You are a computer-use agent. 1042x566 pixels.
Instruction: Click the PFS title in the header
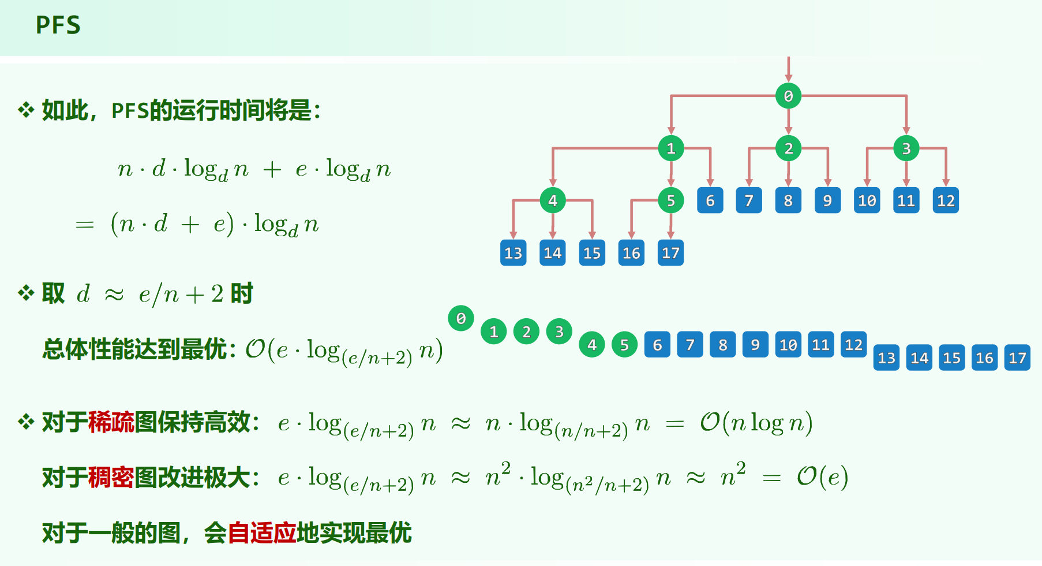[58, 25]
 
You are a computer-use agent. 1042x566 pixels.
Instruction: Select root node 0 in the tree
[788, 96]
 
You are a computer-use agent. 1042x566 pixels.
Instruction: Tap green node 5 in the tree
[670, 200]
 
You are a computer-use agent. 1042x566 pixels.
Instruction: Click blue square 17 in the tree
[670, 253]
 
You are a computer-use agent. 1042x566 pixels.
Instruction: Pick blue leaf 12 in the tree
[946, 200]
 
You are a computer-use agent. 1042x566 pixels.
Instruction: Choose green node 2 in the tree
[788, 148]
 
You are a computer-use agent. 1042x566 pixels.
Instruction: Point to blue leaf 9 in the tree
[827, 200]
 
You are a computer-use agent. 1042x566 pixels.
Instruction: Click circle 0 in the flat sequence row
[461, 318]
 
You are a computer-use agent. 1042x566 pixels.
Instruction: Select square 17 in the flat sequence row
[1017, 358]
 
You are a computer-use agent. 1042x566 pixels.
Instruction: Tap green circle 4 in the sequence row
[592, 345]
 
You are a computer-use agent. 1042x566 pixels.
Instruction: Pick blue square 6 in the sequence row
[657, 345]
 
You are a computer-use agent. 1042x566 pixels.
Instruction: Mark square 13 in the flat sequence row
[886, 358]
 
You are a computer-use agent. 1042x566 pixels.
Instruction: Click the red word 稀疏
[111, 422]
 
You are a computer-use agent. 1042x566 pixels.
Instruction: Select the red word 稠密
[111, 478]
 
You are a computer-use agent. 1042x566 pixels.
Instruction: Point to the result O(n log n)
[756, 423]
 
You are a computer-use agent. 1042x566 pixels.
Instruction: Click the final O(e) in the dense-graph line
[822, 477]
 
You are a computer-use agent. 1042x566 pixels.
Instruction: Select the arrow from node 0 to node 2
[788, 122]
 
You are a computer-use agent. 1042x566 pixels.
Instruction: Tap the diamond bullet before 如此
[26, 109]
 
